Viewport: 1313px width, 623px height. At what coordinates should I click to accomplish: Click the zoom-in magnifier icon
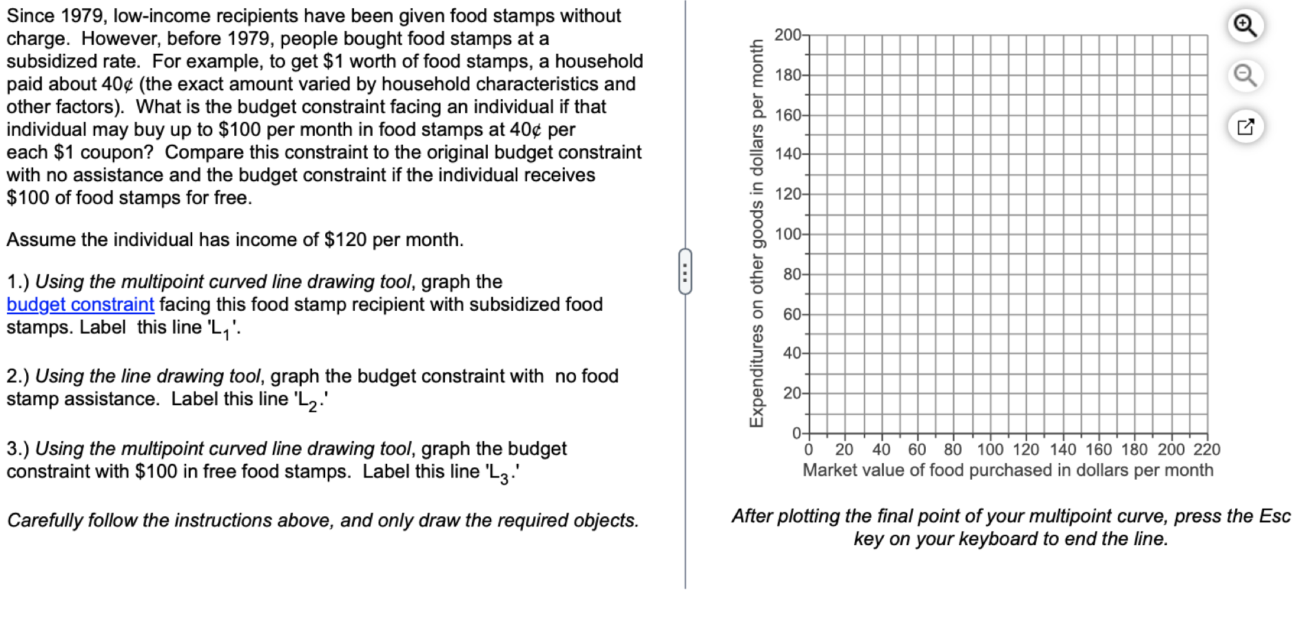1245,26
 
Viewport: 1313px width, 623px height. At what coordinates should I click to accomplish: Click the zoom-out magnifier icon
1245,75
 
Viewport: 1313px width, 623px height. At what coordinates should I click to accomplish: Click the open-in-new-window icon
1245,127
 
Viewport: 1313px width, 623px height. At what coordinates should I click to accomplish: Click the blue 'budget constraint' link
80,305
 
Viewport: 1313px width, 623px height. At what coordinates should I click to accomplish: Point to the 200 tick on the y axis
787,34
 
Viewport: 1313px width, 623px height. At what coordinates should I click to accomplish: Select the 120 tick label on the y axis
787,194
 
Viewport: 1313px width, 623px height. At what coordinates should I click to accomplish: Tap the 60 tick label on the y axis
792,314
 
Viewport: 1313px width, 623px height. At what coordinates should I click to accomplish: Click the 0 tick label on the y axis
796,433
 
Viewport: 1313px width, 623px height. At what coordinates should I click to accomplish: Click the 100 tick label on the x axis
990,450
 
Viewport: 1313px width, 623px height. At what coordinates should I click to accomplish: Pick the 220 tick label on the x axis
1206,450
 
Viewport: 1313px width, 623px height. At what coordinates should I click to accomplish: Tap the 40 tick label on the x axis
881,450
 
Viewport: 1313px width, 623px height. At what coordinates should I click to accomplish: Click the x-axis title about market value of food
1007,470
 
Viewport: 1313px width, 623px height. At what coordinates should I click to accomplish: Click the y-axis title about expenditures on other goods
756,233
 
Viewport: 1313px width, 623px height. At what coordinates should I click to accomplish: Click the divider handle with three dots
685,272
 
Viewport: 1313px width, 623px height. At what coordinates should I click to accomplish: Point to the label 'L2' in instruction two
307,400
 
